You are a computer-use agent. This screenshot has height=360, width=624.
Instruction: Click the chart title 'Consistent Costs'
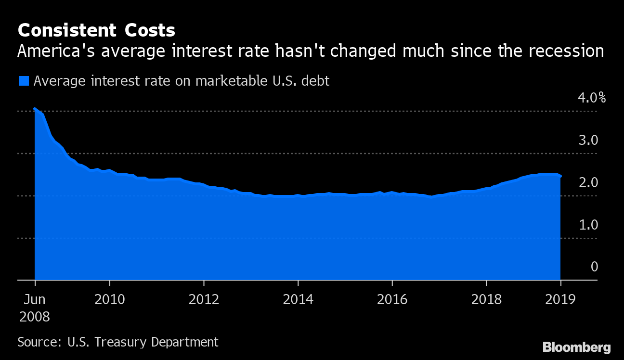pos(96,30)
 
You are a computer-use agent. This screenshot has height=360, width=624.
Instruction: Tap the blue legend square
pos(24,81)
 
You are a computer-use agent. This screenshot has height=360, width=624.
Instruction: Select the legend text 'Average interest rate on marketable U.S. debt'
pos(182,81)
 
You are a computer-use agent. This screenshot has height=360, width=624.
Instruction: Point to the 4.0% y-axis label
pos(591,98)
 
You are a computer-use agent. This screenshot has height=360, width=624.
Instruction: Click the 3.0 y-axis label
pos(587,140)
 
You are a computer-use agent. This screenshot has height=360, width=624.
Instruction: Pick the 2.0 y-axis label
pos(587,182)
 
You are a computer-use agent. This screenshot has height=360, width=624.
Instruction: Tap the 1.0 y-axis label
pos(587,225)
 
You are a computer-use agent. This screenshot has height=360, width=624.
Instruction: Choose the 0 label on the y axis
pos(594,267)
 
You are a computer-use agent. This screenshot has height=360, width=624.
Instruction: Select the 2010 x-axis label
pos(110,300)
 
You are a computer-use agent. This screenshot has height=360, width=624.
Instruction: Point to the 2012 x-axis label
pos(204,300)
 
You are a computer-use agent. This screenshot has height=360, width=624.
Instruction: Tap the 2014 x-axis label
pos(298,300)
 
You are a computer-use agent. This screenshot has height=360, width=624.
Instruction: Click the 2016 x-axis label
pos(392,300)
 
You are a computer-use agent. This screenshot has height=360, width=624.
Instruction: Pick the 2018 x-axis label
pos(486,300)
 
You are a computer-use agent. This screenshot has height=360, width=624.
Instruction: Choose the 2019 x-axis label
pos(560,300)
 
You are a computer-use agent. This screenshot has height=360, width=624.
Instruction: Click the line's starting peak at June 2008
pos(35,109)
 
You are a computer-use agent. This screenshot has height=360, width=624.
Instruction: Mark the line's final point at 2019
pos(560,176)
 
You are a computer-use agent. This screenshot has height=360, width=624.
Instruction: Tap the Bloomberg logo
pos(576,347)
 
